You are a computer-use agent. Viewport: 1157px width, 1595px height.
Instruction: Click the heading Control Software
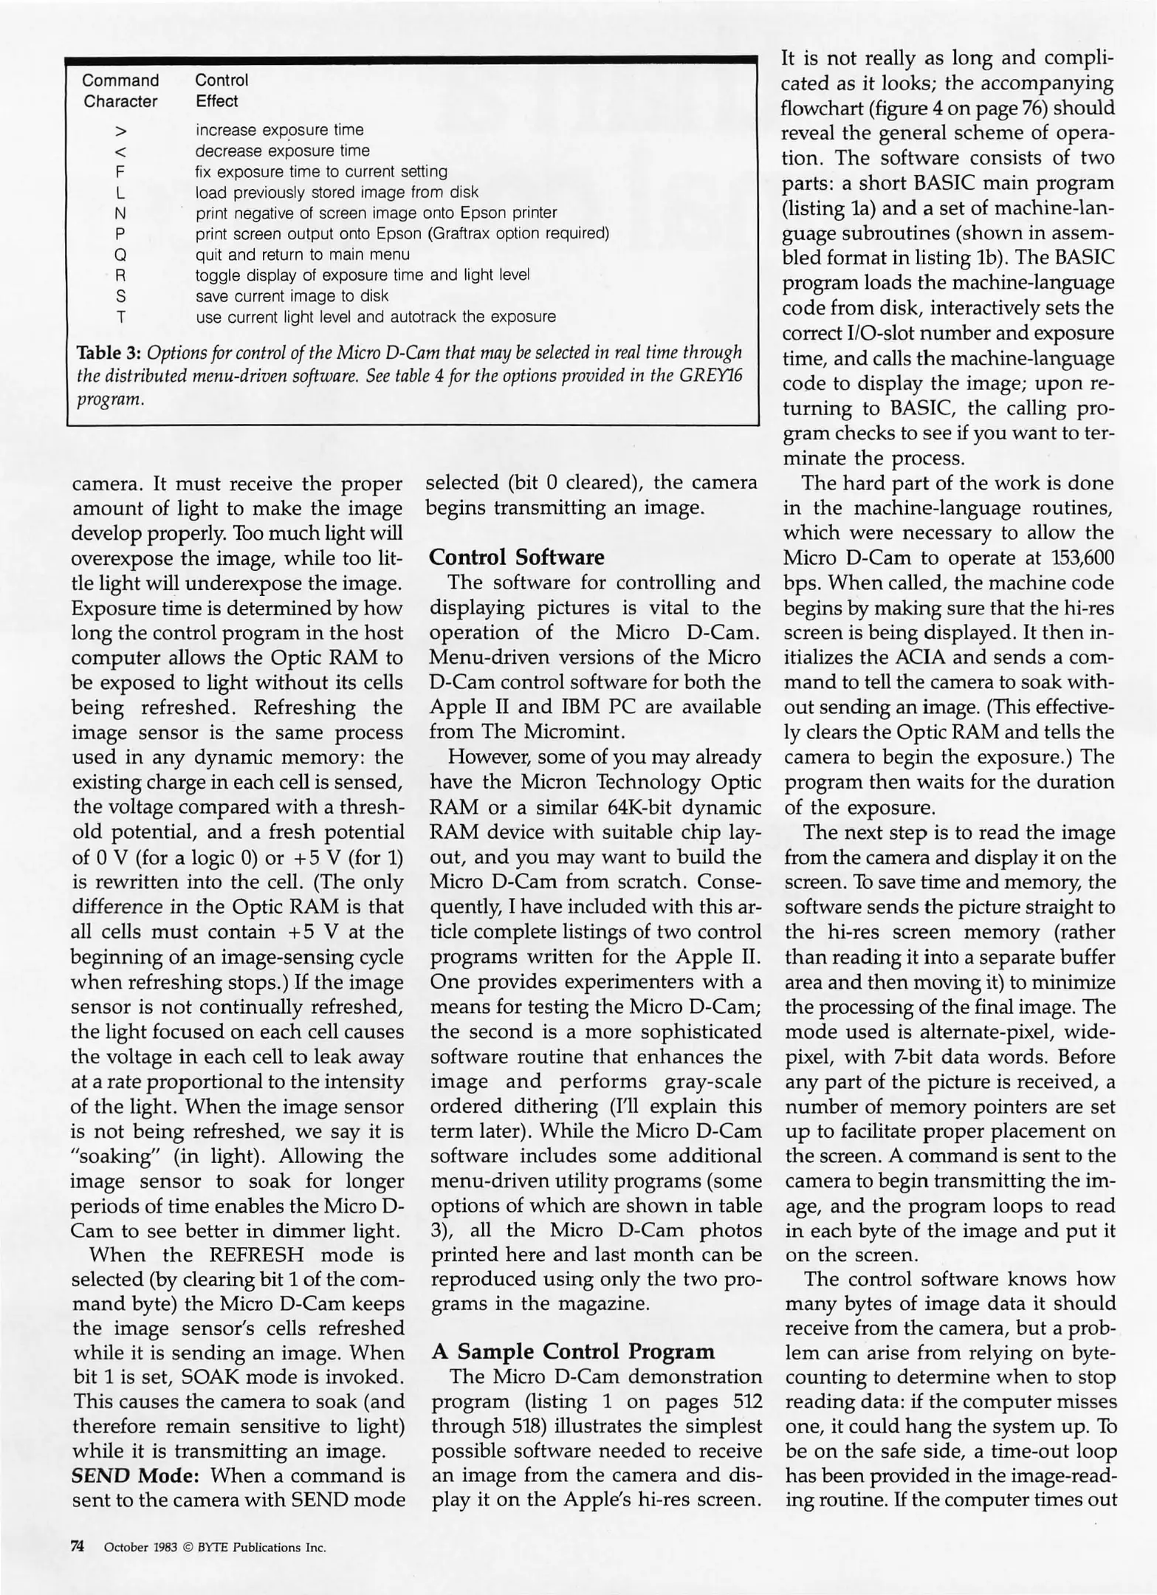(516, 557)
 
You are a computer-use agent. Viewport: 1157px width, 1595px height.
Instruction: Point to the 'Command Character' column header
(120, 90)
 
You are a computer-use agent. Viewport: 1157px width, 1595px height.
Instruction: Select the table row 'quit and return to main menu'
(302, 255)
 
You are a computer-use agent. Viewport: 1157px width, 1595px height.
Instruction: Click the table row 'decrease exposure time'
(282, 151)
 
